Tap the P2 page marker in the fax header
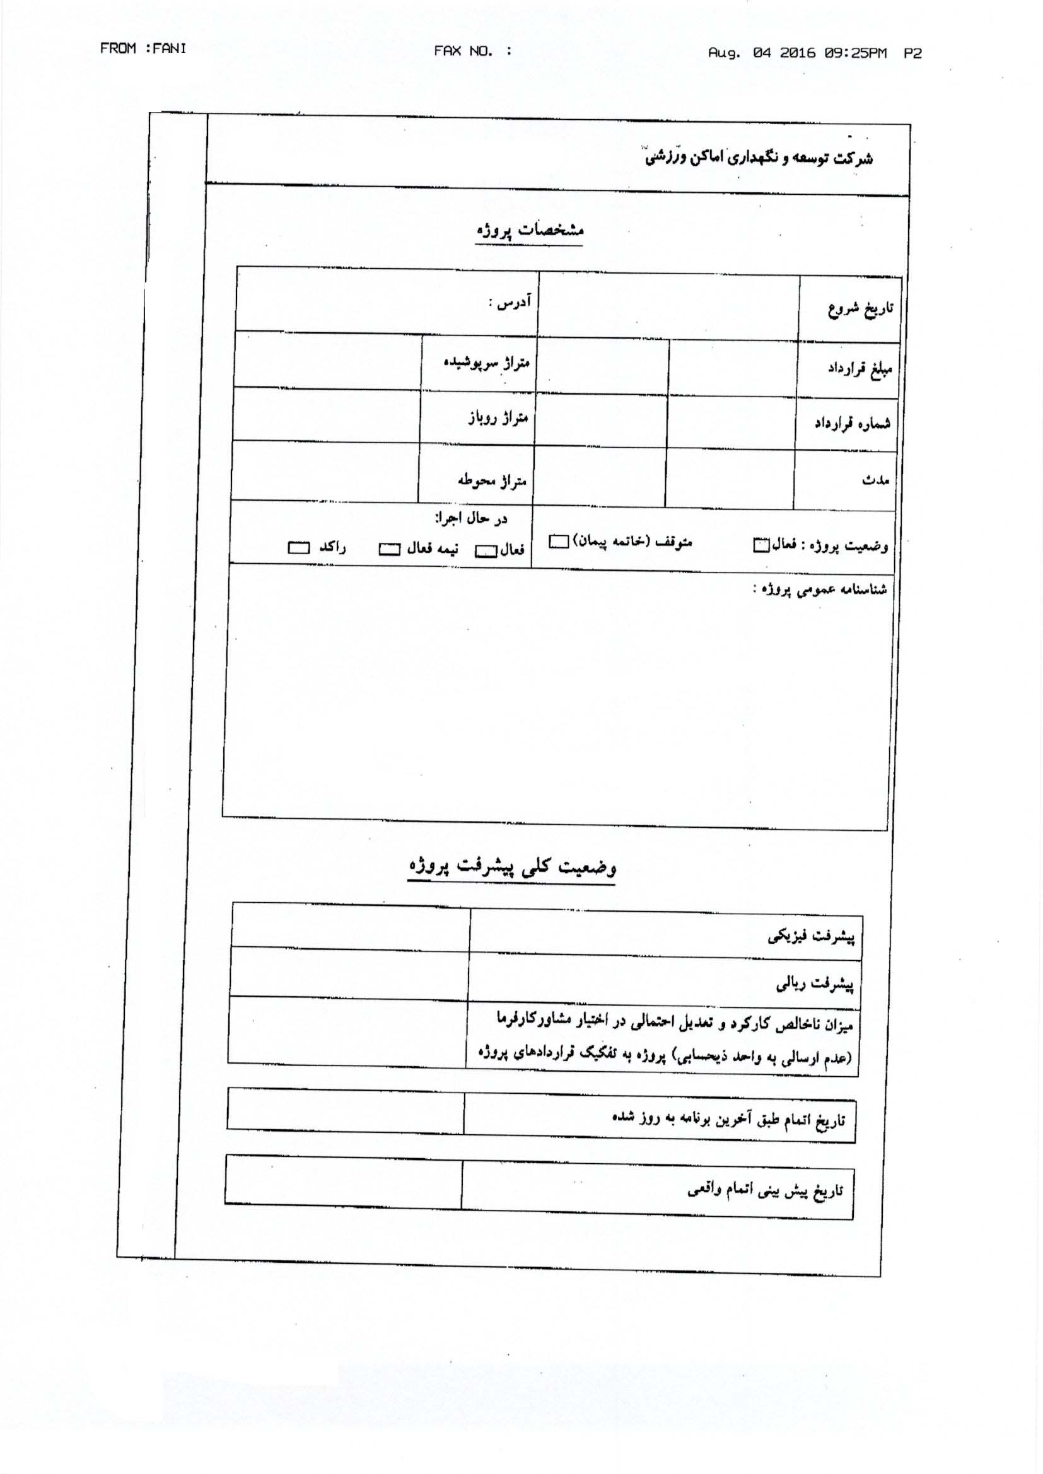pyautogui.click(x=912, y=54)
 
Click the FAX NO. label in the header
pyautogui.click(x=464, y=50)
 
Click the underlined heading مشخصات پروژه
pyautogui.click(x=530, y=231)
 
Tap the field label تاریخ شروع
pyautogui.click(x=860, y=310)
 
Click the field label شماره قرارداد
pyautogui.click(x=853, y=424)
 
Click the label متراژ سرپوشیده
pyautogui.click(x=486, y=363)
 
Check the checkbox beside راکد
pyautogui.click(x=299, y=548)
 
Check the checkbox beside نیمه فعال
pyautogui.click(x=389, y=550)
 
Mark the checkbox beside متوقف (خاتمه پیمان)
pyautogui.click(x=558, y=542)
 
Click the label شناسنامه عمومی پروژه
pyautogui.click(x=820, y=590)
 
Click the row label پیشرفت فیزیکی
pyautogui.click(x=811, y=937)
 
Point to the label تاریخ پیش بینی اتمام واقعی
pyautogui.click(x=764, y=1192)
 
